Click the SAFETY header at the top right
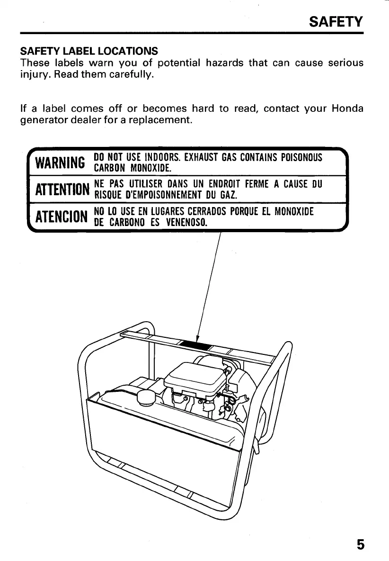point(336,22)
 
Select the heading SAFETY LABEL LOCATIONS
point(89,50)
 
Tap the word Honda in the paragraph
point(348,109)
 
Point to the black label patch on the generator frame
point(194,344)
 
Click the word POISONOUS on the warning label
point(301,157)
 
